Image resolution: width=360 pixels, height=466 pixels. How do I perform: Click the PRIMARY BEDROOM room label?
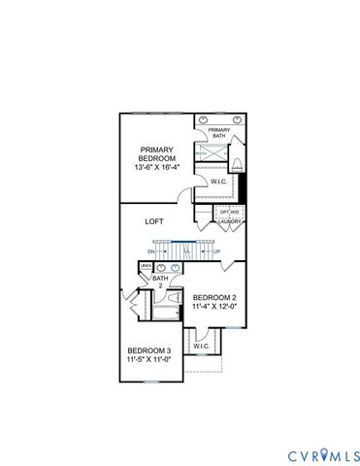coord(156,155)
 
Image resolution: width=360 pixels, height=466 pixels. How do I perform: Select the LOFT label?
coord(154,221)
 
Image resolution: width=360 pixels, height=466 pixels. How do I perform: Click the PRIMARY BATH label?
coord(218,133)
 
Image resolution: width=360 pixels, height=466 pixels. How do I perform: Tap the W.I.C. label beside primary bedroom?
coord(219,181)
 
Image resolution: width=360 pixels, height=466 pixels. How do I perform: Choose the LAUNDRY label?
coord(230,221)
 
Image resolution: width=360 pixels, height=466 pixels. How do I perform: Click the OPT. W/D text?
coord(230,212)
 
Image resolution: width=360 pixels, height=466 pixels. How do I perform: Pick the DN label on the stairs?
coord(152,250)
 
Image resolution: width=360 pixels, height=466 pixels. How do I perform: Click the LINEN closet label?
coord(146,266)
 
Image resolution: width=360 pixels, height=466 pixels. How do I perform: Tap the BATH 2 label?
coord(159,282)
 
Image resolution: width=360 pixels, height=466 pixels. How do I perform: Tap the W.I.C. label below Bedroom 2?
coord(201,346)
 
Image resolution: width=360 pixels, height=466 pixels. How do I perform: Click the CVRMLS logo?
coord(323,454)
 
